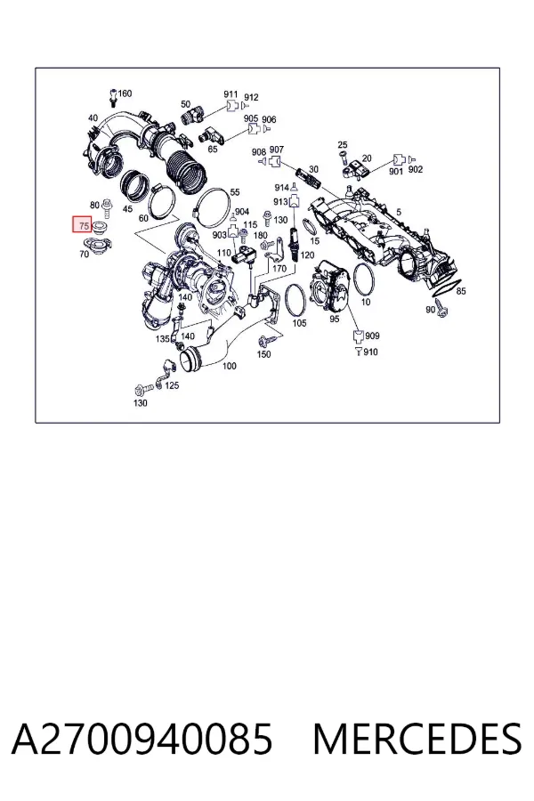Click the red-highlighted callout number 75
[85, 225]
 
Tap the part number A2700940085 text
[142, 739]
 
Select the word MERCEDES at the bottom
[417, 739]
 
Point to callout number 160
[125, 93]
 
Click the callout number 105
[299, 322]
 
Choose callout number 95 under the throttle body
[335, 319]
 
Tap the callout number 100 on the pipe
[230, 366]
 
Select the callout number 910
[371, 352]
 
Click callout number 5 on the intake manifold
[399, 212]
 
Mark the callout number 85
[461, 291]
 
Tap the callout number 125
[172, 385]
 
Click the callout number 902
[416, 170]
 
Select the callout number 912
[251, 97]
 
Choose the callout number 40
[93, 118]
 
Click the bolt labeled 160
[113, 98]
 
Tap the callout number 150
[263, 354]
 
